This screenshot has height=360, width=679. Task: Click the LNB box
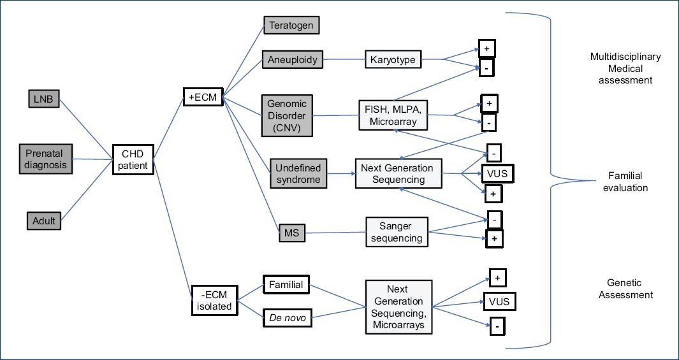(x=44, y=99)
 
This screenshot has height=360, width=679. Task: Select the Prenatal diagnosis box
(x=46, y=159)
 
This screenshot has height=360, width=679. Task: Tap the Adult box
(x=44, y=220)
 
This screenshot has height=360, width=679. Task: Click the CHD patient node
(x=133, y=159)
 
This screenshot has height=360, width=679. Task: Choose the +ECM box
(x=202, y=97)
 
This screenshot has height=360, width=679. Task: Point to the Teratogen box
(x=291, y=25)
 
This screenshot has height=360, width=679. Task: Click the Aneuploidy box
(x=292, y=60)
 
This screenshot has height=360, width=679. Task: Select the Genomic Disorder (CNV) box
(x=286, y=115)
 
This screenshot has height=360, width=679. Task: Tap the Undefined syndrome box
(x=298, y=174)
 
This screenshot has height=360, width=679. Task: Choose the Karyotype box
(x=393, y=60)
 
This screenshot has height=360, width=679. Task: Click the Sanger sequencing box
(x=397, y=232)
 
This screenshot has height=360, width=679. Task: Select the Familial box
(x=286, y=284)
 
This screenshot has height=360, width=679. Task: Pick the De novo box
(x=286, y=317)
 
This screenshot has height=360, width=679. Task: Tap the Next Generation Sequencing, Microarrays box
(x=398, y=308)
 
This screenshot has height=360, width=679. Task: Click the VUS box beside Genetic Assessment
(x=498, y=301)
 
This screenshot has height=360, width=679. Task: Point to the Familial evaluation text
(x=625, y=182)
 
